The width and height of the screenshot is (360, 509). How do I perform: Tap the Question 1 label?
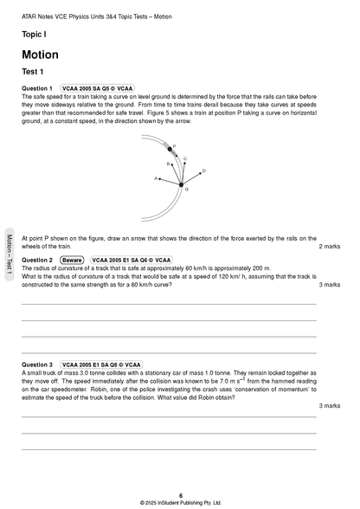coord(37,88)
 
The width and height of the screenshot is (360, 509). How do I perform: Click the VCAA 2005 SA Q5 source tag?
coord(97,88)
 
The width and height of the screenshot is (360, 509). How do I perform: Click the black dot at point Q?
coord(181,184)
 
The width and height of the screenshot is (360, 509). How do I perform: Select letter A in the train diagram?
coord(156,178)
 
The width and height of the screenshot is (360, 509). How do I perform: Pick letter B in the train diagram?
coord(168,163)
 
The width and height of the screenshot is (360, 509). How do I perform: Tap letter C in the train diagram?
coord(185,158)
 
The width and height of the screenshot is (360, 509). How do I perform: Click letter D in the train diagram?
coord(203,171)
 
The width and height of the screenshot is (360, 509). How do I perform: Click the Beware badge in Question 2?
coord(72,260)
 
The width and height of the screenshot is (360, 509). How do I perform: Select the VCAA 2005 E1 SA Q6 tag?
coord(132,260)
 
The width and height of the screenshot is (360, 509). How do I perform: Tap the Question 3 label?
coord(37,365)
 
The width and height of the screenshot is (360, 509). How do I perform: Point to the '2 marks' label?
coord(329,247)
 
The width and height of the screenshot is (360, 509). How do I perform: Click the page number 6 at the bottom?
coord(180,495)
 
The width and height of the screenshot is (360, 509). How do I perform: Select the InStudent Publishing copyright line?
coord(180,502)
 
